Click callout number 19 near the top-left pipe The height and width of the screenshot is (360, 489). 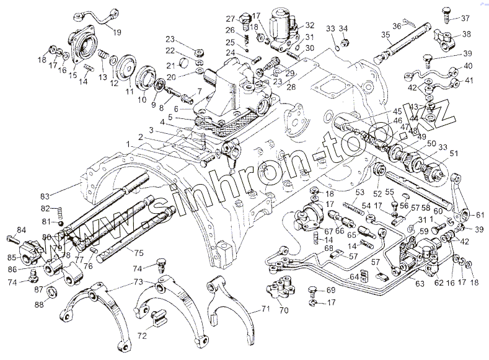point(117,32)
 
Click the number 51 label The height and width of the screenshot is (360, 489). point(454,154)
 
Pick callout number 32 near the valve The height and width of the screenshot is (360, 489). point(309,26)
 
